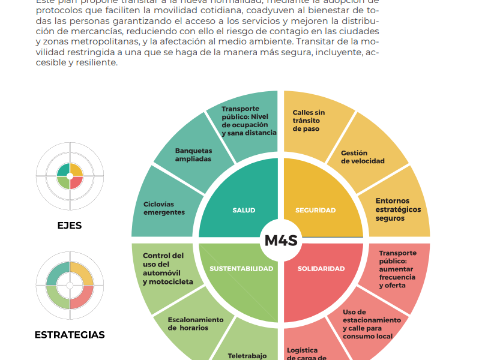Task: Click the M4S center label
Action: (x=281, y=241)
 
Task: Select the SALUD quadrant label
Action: (x=244, y=210)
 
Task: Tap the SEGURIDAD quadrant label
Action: (x=315, y=210)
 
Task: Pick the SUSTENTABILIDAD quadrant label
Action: (x=241, y=269)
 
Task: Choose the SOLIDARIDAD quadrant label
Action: (x=321, y=269)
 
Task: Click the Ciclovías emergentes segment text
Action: (x=164, y=208)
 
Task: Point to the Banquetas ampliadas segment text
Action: (x=193, y=155)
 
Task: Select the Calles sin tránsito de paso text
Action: (x=309, y=121)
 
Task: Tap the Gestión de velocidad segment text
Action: (x=363, y=157)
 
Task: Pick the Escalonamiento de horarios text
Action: (x=196, y=324)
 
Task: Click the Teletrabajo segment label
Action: (x=247, y=355)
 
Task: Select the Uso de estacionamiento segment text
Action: (x=372, y=324)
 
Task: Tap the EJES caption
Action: (x=69, y=226)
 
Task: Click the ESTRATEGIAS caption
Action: (x=70, y=335)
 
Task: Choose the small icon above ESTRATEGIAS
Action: (x=70, y=284)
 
